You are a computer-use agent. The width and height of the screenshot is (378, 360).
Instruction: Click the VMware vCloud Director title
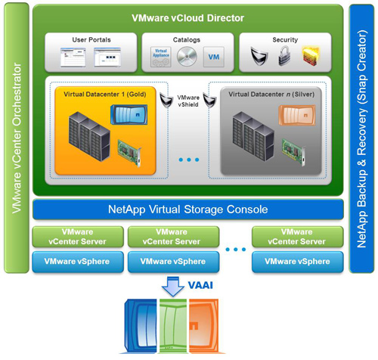(187, 18)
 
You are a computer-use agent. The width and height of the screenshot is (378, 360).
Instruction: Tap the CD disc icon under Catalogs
(187, 57)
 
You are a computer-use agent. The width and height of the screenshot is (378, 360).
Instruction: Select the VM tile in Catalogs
(214, 57)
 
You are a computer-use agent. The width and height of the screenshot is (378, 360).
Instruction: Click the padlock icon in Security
(284, 57)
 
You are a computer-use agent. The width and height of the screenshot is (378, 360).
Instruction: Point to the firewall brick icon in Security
(311, 56)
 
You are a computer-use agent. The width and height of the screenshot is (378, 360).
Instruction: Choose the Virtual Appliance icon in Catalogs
(161, 57)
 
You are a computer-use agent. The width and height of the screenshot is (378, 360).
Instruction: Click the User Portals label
(91, 40)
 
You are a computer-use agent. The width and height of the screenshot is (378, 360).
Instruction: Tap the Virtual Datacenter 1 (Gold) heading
(105, 95)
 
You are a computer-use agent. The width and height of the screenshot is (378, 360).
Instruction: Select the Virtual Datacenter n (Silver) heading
(271, 95)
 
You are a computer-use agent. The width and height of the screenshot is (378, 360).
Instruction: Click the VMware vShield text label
(188, 101)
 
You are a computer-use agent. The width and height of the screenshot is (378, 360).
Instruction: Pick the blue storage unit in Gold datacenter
(129, 115)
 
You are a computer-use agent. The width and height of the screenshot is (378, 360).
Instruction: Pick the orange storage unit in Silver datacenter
(297, 115)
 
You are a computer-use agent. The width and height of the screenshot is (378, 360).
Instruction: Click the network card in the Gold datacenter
(129, 152)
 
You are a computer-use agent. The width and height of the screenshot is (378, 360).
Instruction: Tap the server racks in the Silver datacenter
(253, 135)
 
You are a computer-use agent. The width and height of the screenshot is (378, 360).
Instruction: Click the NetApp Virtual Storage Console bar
(188, 209)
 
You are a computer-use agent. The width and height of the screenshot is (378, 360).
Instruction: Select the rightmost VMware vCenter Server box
(298, 237)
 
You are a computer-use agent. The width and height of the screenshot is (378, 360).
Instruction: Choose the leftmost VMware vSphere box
(78, 262)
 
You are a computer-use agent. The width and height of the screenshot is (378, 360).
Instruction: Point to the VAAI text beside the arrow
(200, 285)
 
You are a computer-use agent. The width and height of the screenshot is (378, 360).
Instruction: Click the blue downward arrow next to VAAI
(173, 287)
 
